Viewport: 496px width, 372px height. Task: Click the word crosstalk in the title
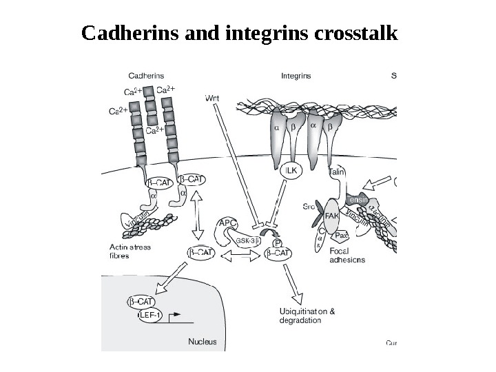click(x=358, y=33)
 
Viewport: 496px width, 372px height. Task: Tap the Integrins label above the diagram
click(x=296, y=76)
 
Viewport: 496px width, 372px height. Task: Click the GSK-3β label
click(x=246, y=241)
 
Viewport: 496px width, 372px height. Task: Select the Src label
click(x=311, y=206)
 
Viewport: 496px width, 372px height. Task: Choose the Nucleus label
click(x=202, y=341)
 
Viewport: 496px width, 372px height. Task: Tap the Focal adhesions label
click(x=347, y=256)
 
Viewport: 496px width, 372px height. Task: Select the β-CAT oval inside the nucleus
click(x=141, y=302)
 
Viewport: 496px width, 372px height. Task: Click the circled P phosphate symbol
click(x=277, y=242)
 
